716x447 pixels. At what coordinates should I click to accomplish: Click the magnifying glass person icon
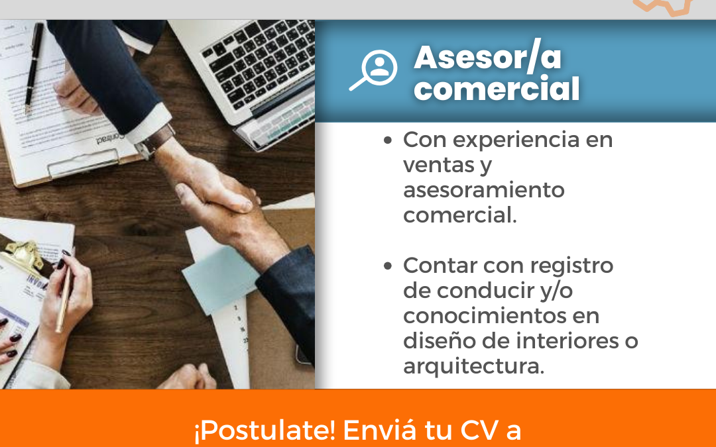[373, 70]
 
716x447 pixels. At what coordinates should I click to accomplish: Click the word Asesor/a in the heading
[488, 58]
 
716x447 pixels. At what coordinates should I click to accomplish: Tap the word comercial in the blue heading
[497, 89]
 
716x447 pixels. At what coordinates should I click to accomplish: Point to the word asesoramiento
[484, 190]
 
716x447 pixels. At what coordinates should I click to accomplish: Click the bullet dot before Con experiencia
[388, 140]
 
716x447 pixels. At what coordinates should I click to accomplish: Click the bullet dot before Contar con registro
[388, 266]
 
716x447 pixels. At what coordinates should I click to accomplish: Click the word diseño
[433, 341]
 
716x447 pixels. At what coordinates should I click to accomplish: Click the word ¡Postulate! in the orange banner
[265, 430]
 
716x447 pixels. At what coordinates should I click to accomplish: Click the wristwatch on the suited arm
[154, 142]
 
